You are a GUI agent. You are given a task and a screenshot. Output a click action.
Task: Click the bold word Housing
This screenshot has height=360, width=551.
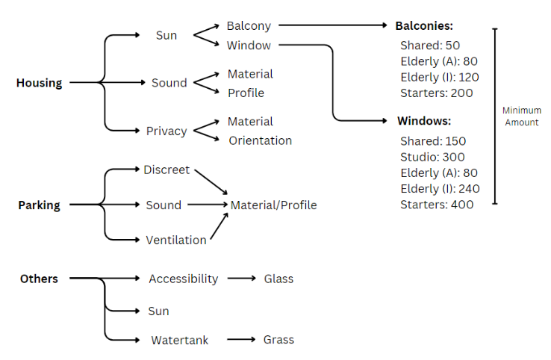(x=39, y=83)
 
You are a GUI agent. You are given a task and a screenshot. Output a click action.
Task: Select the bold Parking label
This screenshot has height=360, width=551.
(x=39, y=205)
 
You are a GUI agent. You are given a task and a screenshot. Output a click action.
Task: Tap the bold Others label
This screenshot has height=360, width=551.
(x=39, y=279)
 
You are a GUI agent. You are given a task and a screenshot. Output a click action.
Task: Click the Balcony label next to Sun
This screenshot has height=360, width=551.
(x=249, y=26)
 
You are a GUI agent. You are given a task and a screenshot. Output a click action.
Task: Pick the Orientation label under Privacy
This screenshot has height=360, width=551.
(x=260, y=140)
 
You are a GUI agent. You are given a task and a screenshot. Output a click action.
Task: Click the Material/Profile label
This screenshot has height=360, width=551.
(x=273, y=205)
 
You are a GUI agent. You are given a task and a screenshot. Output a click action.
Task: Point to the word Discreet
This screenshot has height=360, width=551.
(x=166, y=170)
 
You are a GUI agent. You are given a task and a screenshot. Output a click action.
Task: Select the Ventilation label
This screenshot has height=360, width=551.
(x=176, y=240)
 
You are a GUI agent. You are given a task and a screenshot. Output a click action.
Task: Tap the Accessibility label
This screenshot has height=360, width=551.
(x=183, y=279)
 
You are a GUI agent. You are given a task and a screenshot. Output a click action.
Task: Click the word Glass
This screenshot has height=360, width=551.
(x=278, y=279)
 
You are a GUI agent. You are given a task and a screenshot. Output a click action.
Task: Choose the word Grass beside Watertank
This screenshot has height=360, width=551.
(x=278, y=340)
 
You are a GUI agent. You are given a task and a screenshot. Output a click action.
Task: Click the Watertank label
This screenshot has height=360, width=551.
(x=180, y=340)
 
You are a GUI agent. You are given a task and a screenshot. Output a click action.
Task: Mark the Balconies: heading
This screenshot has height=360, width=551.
(x=424, y=25)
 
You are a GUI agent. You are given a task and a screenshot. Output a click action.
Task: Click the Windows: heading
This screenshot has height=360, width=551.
(x=424, y=120)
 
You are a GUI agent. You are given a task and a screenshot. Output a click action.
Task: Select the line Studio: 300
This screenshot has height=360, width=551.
(x=432, y=157)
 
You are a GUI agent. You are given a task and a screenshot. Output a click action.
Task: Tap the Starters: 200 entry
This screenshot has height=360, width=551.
(x=437, y=93)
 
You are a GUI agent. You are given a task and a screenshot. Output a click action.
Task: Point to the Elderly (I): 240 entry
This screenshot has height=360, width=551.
(x=440, y=188)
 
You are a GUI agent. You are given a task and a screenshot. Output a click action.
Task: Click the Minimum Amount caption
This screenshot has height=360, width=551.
(x=521, y=117)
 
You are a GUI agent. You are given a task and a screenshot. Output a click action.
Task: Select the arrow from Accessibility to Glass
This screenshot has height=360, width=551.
(x=242, y=279)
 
